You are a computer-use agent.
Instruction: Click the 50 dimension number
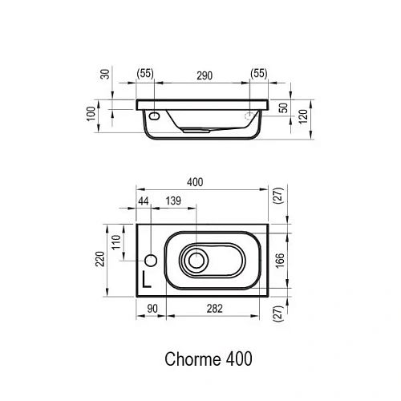(282, 107)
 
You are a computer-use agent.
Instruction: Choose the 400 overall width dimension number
(195, 183)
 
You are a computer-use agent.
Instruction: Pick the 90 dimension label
(150, 308)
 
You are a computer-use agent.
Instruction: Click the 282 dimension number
(214, 308)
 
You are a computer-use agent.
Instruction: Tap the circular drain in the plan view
(194, 259)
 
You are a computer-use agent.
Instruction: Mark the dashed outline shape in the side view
(255, 115)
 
